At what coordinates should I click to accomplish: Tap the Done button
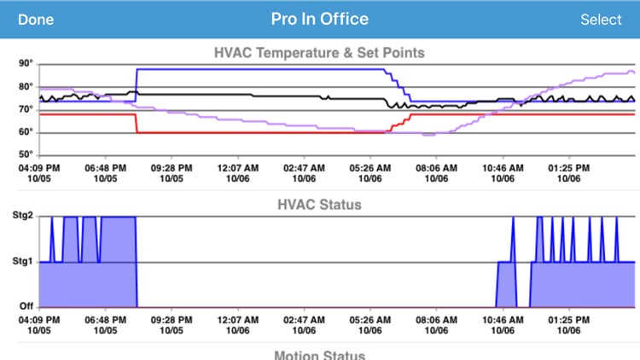tap(35, 20)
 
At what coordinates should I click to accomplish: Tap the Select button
tap(601, 20)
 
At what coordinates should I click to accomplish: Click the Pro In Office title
tap(320, 19)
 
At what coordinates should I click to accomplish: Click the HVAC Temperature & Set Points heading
tap(319, 53)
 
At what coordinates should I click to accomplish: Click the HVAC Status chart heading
tap(319, 205)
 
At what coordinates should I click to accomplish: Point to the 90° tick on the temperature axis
tap(26, 63)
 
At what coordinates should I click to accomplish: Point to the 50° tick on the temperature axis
tap(26, 155)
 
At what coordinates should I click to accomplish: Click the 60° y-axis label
tap(26, 132)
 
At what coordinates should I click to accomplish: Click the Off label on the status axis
tap(26, 306)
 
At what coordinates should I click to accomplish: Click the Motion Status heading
tap(319, 355)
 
